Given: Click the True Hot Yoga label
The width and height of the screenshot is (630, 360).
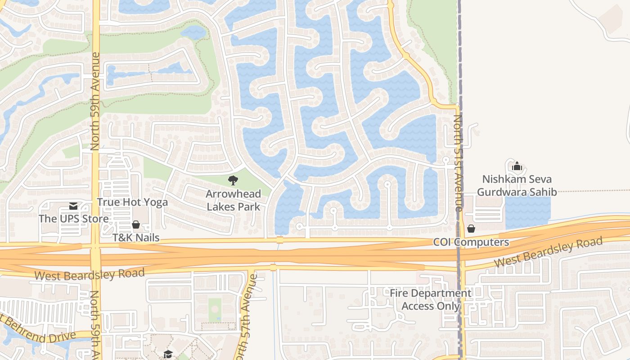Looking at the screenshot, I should point(132,202).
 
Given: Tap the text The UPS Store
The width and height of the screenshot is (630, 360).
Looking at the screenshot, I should point(73,219).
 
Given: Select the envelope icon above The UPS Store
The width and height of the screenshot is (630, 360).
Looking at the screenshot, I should point(73,206).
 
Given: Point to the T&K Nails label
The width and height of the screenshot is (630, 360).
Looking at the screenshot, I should point(136,238).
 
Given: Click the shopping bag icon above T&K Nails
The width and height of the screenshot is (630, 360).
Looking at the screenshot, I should point(136,225).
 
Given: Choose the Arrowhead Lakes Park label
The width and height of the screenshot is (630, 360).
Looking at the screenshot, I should point(233,200).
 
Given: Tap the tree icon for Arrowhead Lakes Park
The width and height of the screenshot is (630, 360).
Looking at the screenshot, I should point(233,181).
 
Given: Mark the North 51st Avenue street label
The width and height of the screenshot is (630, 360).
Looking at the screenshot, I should point(458,163).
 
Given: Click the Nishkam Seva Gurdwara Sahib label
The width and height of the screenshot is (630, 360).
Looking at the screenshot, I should point(517,186).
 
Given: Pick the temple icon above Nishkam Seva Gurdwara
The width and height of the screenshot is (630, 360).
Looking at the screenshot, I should point(517,166).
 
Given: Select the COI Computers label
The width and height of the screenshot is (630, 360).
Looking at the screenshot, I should point(471,242).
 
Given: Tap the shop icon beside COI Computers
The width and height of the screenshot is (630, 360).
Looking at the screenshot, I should point(471,229).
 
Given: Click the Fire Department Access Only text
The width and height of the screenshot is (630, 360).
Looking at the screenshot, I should point(430,300).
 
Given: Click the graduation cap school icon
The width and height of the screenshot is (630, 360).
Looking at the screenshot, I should point(168,354).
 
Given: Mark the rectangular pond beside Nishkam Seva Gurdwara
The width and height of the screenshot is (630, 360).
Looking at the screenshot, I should point(528,212).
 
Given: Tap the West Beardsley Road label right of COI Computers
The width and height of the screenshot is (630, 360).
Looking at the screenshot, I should point(548,253).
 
